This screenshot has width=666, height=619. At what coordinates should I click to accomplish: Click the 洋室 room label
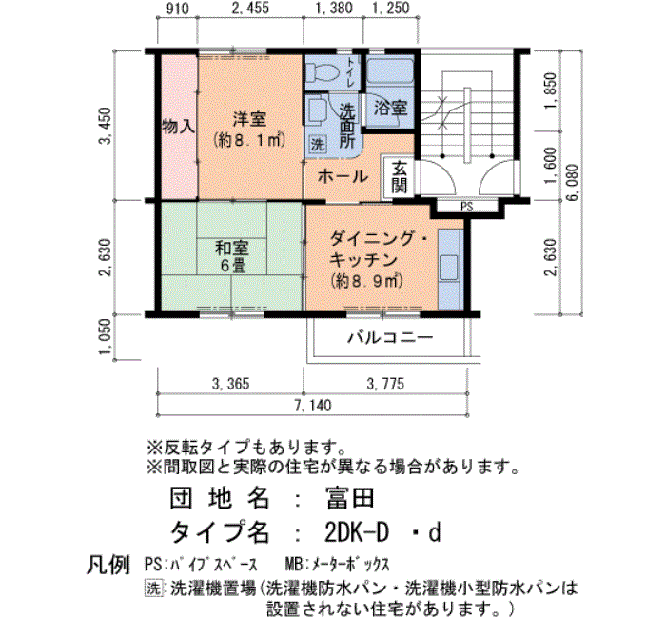(x=249, y=119)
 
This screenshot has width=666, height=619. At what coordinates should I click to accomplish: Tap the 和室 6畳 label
(x=232, y=256)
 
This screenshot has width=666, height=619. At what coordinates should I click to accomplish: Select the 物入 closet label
(x=179, y=127)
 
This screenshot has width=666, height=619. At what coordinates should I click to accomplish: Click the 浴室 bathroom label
(x=391, y=108)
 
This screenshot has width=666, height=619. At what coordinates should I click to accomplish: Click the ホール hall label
(x=343, y=176)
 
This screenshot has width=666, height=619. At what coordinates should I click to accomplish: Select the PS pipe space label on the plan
(x=467, y=207)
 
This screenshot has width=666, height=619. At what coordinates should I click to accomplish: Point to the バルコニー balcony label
(x=390, y=338)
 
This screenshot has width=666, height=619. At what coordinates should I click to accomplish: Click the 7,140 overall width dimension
(x=314, y=405)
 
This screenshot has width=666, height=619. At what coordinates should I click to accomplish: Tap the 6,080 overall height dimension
(x=572, y=183)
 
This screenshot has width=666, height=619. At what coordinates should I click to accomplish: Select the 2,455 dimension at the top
(x=250, y=8)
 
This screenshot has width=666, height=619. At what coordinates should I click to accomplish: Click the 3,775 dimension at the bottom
(x=385, y=384)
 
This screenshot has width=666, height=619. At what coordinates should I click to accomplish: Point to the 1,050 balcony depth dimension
(x=107, y=337)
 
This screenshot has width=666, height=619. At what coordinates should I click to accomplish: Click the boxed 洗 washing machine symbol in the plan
(x=317, y=144)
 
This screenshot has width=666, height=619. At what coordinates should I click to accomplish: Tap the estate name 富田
(x=350, y=498)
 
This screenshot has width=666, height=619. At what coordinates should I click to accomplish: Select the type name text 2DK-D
(x=357, y=532)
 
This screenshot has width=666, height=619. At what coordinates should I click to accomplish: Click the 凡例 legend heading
(x=108, y=565)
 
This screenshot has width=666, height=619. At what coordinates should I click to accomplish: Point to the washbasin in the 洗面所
(x=317, y=111)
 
